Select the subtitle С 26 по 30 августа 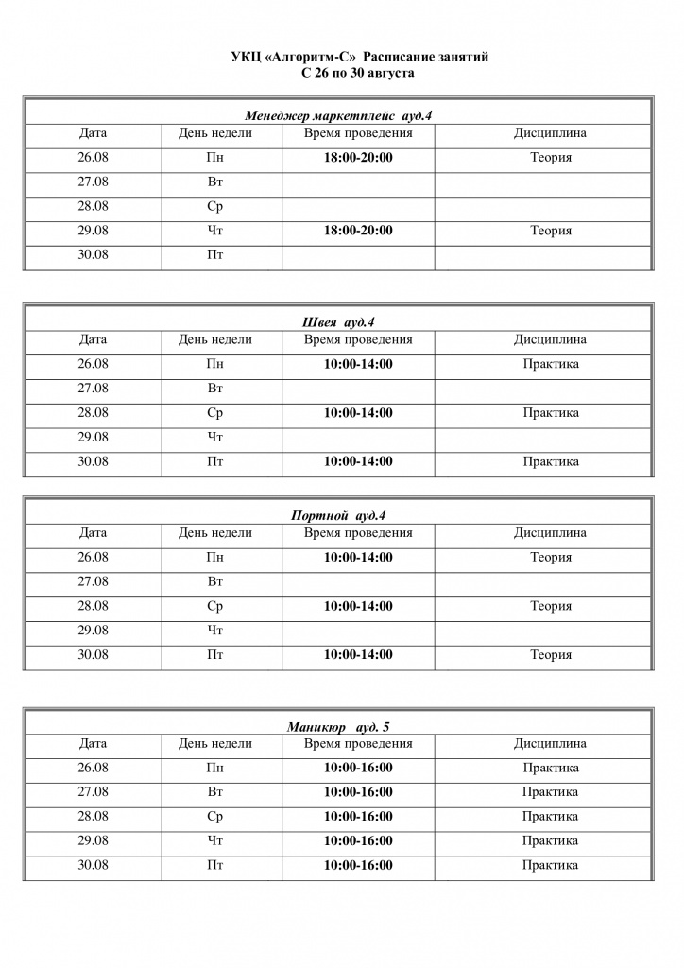point(359,72)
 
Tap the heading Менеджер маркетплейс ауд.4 point(338,116)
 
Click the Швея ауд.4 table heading point(338,322)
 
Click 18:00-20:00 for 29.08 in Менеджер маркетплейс point(358,230)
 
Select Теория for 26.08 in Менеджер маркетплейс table point(550,157)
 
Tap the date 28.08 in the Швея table point(93,413)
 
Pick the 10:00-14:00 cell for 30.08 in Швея point(358,461)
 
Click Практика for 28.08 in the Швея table point(550,413)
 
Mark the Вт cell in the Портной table point(214,581)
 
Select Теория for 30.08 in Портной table point(550,654)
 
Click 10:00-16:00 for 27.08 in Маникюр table point(358,792)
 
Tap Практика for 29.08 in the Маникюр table point(550,840)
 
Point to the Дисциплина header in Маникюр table point(550,744)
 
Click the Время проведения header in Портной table point(358,533)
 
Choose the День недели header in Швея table point(214,339)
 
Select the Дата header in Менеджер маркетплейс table point(93,133)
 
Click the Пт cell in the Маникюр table point(214,865)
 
